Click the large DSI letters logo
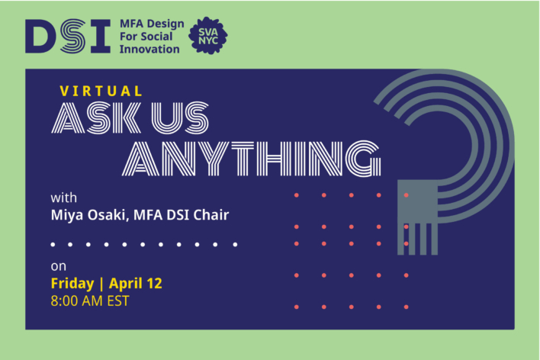pyautogui.click(x=67, y=35)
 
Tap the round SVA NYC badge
pyautogui.click(x=207, y=35)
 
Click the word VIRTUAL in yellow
pyautogui.click(x=101, y=91)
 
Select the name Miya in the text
pyautogui.click(x=67, y=216)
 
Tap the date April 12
pyautogui.click(x=136, y=283)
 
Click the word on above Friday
pyautogui.click(x=58, y=266)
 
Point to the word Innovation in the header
pyautogui.click(x=149, y=50)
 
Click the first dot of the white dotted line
pyautogui.click(x=53, y=245)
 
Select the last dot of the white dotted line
pyautogui.click(x=235, y=245)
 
